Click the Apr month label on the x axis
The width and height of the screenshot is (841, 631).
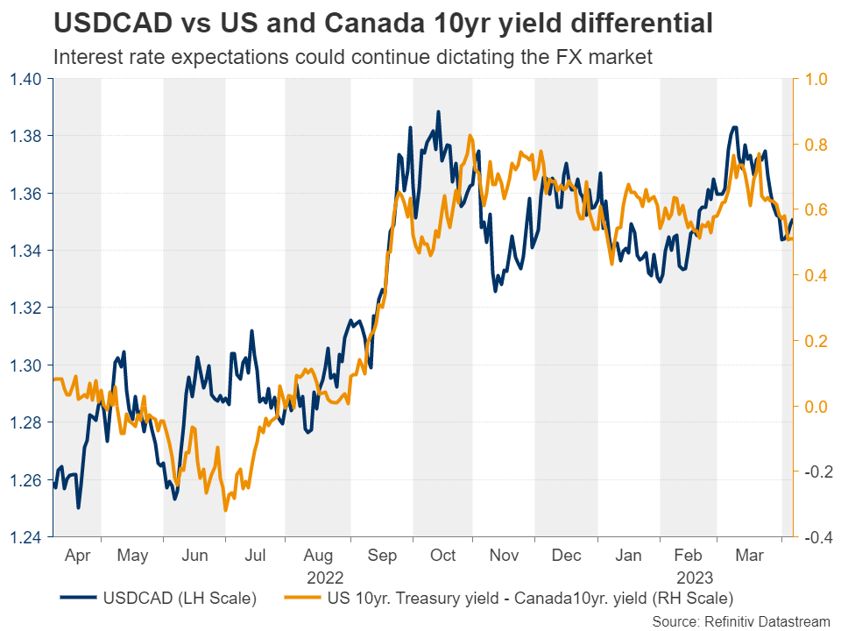click(77, 556)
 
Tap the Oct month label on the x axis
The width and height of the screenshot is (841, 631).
click(442, 556)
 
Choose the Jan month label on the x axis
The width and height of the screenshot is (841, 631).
click(629, 556)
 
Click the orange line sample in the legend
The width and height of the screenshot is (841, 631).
click(303, 599)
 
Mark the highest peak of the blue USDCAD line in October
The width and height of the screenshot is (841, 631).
click(438, 112)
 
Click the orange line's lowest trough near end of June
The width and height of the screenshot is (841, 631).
click(225, 510)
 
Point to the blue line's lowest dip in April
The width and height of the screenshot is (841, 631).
click(79, 507)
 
